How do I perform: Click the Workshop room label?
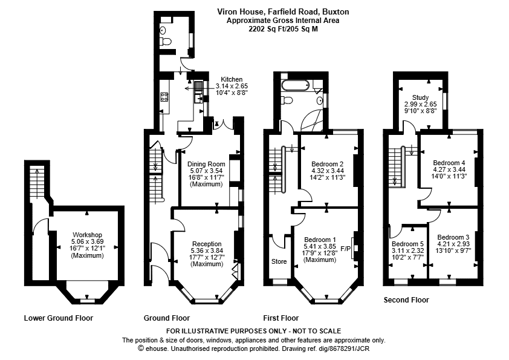tap(87, 235)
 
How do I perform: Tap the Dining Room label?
tap(206, 164)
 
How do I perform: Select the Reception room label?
tap(207, 244)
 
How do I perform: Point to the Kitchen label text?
tap(232, 79)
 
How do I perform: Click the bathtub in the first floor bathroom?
tap(295, 86)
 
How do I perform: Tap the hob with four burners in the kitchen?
tap(164, 96)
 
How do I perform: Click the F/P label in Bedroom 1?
tap(345, 249)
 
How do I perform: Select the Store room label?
tap(279, 261)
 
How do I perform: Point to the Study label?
tap(420, 97)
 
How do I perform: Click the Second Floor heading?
tap(406, 300)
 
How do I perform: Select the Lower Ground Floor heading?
tap(59, 318)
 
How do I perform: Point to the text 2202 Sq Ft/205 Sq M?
tap(283, 29)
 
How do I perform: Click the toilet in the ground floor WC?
tap(166, 42)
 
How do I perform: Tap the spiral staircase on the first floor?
tap(313, 120)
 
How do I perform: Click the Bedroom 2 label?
tap(327, 164)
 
